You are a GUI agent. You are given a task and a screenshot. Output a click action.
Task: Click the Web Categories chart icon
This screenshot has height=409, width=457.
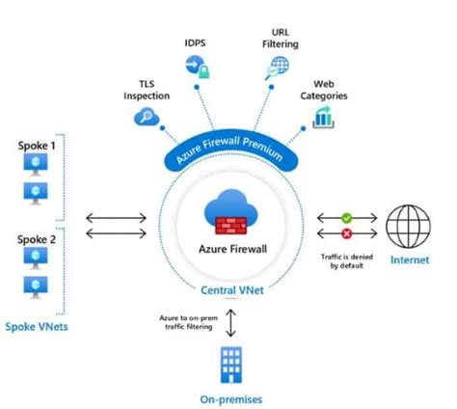[324, 117]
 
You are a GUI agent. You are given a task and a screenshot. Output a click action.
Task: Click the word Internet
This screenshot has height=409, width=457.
[407, 261]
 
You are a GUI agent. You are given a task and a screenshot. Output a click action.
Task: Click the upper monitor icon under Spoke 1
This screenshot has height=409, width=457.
[33, 167]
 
